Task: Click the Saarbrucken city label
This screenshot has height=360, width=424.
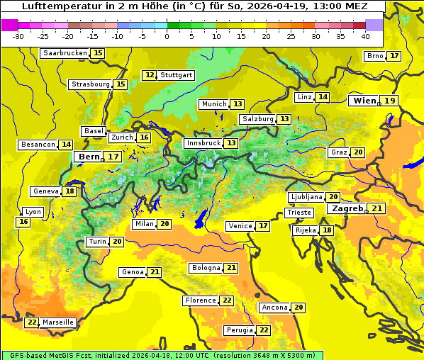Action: (65, 53)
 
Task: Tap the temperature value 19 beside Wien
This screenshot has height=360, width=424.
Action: (390, 101)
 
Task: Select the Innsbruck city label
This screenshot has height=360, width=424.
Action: (203, 143)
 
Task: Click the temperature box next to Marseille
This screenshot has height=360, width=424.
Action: (31, 322)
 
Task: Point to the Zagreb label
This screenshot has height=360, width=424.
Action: (347, 209)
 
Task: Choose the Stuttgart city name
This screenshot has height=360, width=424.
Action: (177, 75)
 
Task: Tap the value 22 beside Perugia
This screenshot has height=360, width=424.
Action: (264, 330)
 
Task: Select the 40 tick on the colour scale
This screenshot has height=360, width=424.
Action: (365, 36)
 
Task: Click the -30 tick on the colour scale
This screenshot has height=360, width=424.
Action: (18, 36)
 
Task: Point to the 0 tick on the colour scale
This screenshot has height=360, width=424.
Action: (167, 36)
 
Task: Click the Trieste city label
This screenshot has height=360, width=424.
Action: (298, 213)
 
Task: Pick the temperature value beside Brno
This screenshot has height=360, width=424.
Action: (394, 56)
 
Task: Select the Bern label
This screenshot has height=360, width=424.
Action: (90, 157)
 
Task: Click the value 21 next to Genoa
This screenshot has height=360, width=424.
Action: (155, 272)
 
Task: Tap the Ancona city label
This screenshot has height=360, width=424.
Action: (274, 308)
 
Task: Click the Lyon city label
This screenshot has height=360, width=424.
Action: (33, 212)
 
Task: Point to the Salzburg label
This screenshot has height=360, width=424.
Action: (257, 119)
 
